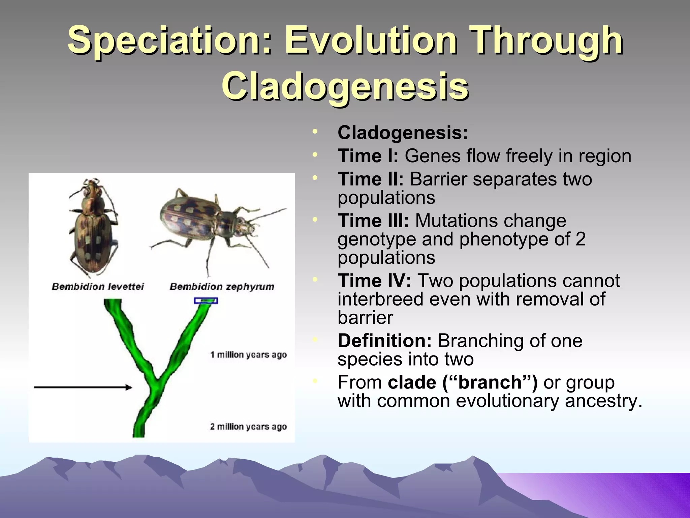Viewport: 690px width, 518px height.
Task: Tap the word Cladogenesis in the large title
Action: coord(345,87)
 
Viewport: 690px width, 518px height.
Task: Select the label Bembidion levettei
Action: coord(98,287)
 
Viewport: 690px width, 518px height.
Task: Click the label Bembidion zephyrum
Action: coord(222,287)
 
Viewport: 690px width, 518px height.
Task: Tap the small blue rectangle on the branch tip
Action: coord(206,300)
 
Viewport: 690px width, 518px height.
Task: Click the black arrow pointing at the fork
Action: coord(83,387)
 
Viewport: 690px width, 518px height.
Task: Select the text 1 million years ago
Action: coord(248,355)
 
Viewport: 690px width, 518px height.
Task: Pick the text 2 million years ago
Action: coord(248,427)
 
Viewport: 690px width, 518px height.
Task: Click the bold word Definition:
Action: coord(384,341)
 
